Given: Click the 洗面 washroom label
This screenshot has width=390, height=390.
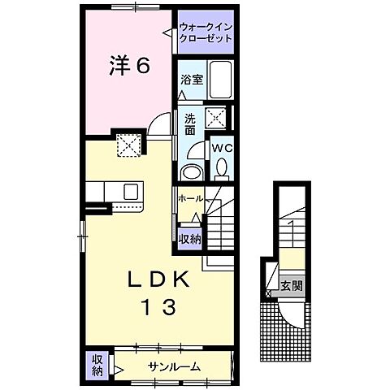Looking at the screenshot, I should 189,123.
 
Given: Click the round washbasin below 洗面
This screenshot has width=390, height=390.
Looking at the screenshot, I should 192,171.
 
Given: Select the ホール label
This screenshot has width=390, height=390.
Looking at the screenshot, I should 192,198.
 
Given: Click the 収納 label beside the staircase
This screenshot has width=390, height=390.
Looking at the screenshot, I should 190,239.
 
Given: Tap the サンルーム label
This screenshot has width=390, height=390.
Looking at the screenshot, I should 173,366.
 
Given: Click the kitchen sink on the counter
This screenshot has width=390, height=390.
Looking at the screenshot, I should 131,192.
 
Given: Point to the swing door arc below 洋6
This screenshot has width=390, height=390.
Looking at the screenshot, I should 161,129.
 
